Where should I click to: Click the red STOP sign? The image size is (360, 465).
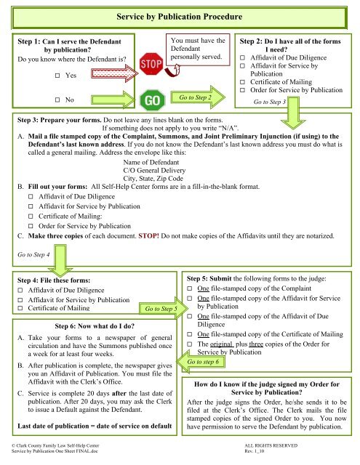[151, 64]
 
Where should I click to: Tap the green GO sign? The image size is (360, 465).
[152, 100]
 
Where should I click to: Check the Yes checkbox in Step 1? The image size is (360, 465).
[57, 76]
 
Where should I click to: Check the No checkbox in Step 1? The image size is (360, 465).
[57, 100]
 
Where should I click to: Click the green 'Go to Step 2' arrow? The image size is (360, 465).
[198, 97]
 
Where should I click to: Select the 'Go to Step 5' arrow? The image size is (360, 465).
[163, 308]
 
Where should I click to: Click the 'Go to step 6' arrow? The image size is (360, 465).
[200, 362]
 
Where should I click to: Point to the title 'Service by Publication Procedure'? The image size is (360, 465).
[179, 17]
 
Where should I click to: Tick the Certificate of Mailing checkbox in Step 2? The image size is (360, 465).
[242, 82]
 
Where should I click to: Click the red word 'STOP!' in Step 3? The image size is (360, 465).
[148, 236]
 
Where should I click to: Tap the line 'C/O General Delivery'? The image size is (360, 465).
[154, 170]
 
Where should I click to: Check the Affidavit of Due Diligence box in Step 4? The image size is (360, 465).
[20, 290]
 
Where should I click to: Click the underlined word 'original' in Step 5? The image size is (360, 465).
[221, 344]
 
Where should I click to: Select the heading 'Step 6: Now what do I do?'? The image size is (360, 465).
[95, 326]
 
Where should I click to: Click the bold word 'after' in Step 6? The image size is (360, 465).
[119, 394]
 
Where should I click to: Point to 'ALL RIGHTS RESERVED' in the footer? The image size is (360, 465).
[271, 445]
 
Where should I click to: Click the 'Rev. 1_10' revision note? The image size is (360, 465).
[254, 451]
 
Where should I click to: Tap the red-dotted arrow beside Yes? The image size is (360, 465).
[115, 73]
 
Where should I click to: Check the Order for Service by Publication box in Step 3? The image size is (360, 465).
[31, 226]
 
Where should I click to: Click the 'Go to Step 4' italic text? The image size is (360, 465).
[33, 254]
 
